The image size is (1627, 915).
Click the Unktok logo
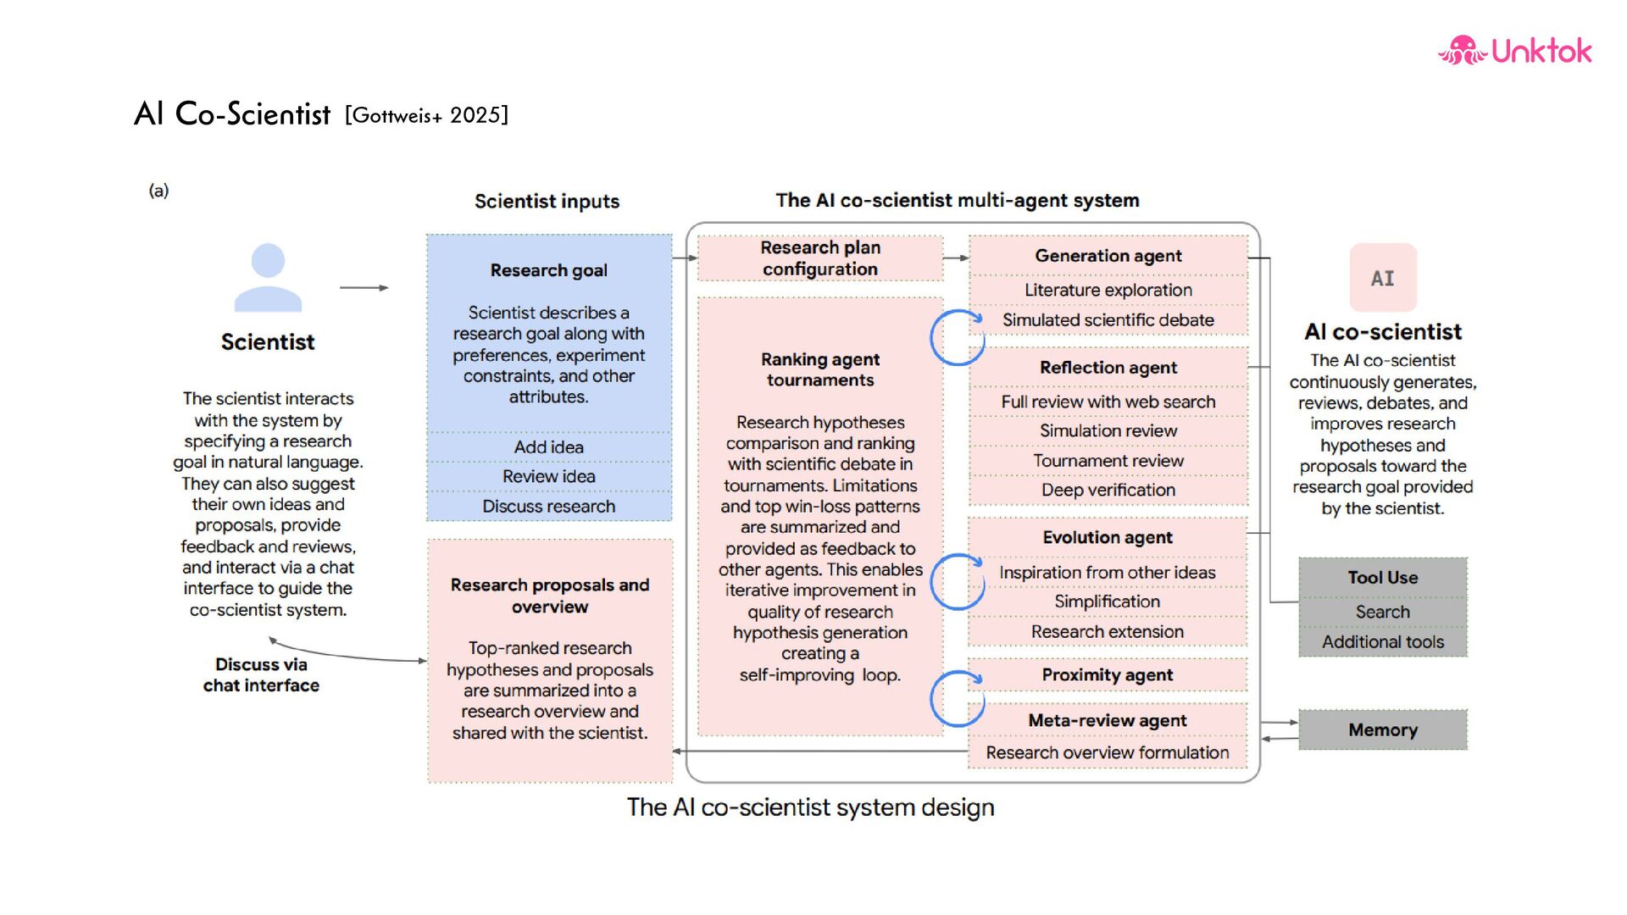1514,51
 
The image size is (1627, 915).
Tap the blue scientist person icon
268,278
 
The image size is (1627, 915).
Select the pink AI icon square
1383,278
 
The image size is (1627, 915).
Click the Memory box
1382,729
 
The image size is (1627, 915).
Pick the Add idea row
549,447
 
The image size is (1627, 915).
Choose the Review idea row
549,477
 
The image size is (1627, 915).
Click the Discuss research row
549,507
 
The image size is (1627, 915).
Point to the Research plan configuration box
819,258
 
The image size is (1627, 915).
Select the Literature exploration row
1108,291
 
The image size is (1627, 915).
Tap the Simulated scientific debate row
1108,320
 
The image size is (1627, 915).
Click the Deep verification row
1108,491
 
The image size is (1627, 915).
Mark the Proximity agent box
1108,675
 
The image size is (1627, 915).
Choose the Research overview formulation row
1108,752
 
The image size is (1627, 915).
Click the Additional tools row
1382,642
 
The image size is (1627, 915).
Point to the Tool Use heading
1382,578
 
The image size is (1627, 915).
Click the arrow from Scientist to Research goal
364,288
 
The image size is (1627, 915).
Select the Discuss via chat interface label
261,675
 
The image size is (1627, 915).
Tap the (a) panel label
158,191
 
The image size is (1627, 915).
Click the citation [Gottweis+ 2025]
426,115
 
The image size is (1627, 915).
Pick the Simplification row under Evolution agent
1108,602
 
